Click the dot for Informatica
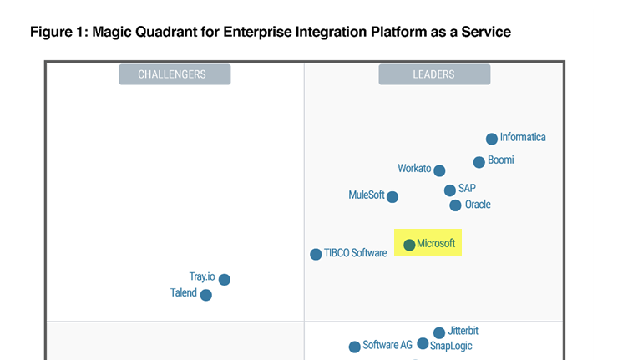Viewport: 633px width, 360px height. [491, 139]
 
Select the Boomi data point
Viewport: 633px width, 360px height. [479, 162]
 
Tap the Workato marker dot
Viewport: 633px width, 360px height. [439, 170]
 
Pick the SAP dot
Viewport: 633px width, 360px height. [450, 190]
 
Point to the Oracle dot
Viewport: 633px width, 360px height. [455, 205]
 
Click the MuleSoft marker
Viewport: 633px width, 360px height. [392, 197]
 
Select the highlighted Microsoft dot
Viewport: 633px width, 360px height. [409, 245]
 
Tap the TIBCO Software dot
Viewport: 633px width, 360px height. [316, 254]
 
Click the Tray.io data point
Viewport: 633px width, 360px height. [225, 279]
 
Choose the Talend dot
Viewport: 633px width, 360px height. [206, 295]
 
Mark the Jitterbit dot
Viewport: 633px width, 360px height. [438, 333]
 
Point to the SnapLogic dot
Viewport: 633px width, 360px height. [423, 343]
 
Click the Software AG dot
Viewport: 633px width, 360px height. [354, 347]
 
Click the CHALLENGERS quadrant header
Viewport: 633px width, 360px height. [175, 74]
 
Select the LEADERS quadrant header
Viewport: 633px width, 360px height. [434, 74]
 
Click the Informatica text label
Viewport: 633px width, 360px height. [523, 137]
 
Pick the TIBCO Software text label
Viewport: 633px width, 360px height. [355, 253]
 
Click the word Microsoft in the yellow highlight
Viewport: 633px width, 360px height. [436, 243]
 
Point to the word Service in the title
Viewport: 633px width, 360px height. [486, 32]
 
